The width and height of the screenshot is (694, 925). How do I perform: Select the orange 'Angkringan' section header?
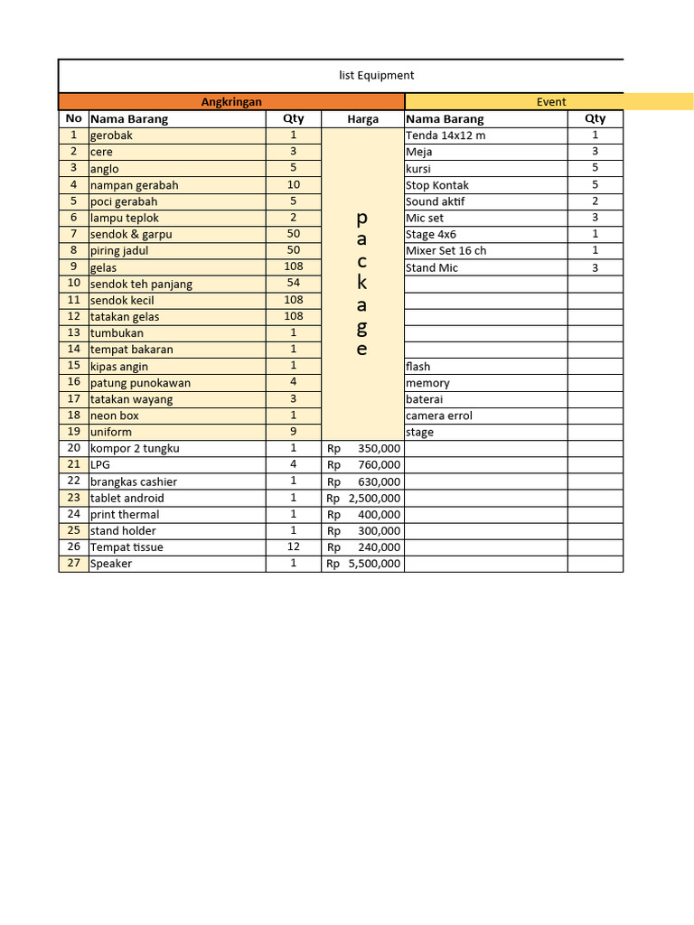[x=231, y=102]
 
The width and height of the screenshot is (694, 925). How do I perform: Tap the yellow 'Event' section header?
[x=551, y=102]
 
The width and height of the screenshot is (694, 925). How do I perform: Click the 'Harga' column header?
[x=362, y=118]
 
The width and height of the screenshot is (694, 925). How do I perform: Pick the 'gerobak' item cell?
[x=111, y=135]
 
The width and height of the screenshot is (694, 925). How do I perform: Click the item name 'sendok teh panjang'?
[x=141, y=284]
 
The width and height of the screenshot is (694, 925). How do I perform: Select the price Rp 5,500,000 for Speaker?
[x=363, y=564]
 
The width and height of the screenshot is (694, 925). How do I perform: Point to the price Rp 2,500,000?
[x=363, y=498]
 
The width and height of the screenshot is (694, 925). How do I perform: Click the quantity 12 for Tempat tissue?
[x=293, y=547]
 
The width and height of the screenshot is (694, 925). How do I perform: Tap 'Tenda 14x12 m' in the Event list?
[x=445, y=135]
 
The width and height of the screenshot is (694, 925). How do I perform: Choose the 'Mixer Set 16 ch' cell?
[x=446, y=250]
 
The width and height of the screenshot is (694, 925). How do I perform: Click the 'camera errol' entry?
[x=439, y=416]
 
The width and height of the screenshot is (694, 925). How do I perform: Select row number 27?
[x=73, y=563]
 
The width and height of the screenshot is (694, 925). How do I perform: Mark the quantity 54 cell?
[x=293, y=283]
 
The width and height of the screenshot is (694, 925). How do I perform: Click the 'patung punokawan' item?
[x=140, y=383]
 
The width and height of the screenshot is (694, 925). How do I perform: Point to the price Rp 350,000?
[x=363, y=448]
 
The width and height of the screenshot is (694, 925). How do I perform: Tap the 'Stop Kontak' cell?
[x=437, y=185]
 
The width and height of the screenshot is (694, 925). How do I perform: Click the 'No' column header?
[x=73, y=118]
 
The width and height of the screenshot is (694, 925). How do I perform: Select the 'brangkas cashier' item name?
[x=134, y=481]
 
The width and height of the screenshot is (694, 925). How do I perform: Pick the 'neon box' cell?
[x=115, y=416]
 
